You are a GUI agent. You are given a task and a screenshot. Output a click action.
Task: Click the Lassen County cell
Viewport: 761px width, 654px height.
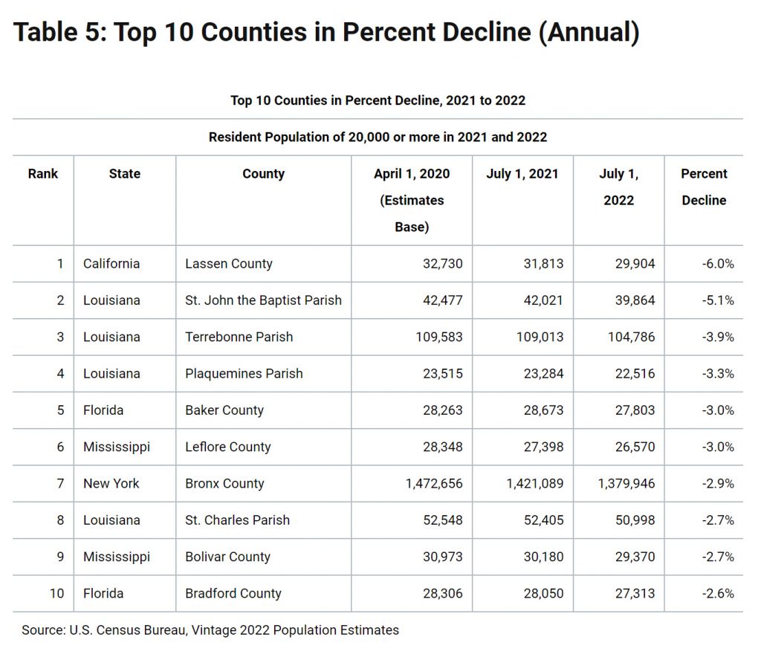tap(229, 263)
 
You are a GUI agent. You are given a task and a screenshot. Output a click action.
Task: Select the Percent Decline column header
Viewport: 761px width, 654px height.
tap(704, 187)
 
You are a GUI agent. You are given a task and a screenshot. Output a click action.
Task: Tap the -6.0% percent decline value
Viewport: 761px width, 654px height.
tap(718, 263)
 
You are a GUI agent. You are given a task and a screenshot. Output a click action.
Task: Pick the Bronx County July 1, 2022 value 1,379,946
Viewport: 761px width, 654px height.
tap(626, 483)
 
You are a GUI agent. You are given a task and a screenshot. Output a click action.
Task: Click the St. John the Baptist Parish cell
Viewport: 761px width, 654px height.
tap(263, 300)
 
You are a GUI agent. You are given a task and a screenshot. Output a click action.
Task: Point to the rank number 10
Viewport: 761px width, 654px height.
tap(56, 593)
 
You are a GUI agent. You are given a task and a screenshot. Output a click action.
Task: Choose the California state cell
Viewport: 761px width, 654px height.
tap(111, 263)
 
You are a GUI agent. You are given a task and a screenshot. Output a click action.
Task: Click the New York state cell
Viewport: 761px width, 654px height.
tap(111, 483)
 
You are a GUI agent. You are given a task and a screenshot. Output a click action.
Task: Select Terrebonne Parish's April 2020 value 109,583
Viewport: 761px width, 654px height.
tap(438, 337)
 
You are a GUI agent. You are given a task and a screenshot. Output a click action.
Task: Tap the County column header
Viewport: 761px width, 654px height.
tap(264, 174)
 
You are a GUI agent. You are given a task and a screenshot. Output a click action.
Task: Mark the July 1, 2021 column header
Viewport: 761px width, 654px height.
tap(522, 174)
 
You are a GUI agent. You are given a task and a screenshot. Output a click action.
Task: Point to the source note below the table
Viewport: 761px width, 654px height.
tap(210, 629)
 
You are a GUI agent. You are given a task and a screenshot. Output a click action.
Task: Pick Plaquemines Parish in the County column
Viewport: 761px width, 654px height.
tap(244, 374)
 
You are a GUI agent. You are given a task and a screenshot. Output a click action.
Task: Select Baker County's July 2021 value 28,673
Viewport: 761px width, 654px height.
tap(543, 410)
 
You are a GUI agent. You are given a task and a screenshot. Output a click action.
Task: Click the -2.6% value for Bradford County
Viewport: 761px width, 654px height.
tap(718, 593)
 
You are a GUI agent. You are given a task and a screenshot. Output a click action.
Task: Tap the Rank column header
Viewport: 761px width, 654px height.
tap(42, 174)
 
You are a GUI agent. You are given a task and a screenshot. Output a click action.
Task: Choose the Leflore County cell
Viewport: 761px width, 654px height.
tap(227, 447)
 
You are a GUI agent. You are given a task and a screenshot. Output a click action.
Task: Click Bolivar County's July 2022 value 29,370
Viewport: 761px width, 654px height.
tap(635, 557)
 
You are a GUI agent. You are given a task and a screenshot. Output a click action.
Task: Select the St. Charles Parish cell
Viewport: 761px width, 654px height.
tap(237, 520)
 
